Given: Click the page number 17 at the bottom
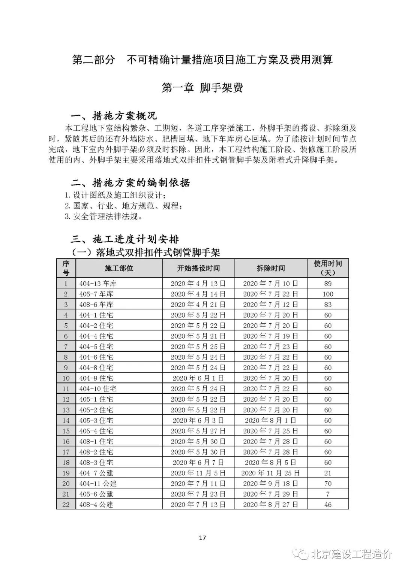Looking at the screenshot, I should [x=202, y=538].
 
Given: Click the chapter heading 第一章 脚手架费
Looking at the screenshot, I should [x=202, y=87].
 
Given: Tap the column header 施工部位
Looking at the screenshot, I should [x=119, y=268].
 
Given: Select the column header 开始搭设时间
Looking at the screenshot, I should [x=198, y=268].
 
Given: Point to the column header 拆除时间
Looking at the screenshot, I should [x=271, y=268].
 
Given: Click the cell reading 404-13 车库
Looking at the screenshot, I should [x=98, y=284].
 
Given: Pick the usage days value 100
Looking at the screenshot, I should [x=328, y=294].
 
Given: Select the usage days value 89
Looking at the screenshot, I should [x=328, y=284].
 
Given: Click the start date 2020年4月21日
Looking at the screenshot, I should [x=198, y=305].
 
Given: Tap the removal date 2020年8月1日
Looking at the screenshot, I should [x=271, y=420].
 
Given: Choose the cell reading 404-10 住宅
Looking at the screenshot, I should [x=98, y=389].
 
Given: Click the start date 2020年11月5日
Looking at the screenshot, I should [x=198, y=473].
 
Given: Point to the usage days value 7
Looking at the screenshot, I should [x=328, y=494].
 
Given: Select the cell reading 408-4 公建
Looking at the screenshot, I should [x=96, y=505].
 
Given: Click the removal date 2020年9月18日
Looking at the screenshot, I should [x=271, y=484].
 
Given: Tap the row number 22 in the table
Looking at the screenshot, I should [x=66, y=505].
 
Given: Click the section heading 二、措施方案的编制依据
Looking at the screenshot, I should [x=130, y=183].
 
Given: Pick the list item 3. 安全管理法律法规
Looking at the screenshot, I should [x=103, y=217].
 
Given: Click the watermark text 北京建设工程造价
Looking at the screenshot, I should [x=351, y=554].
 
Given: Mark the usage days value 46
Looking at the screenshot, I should [x=328, y=505].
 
